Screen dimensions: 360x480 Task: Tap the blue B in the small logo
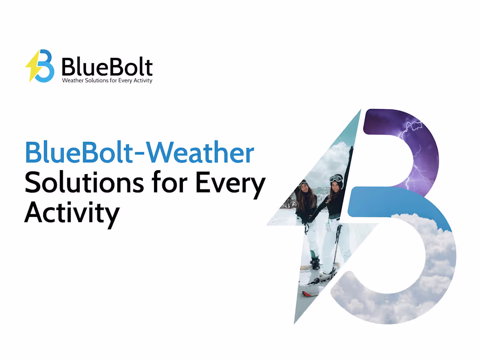tap(45, 66)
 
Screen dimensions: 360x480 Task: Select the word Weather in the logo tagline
tap(72, 81)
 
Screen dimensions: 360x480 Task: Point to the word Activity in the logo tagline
tap(142, 81)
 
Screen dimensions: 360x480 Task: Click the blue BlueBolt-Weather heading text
tap(139, 153)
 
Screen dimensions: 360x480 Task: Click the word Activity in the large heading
tap(72, 213)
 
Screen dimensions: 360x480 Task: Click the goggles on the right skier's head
tap(336, 178)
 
